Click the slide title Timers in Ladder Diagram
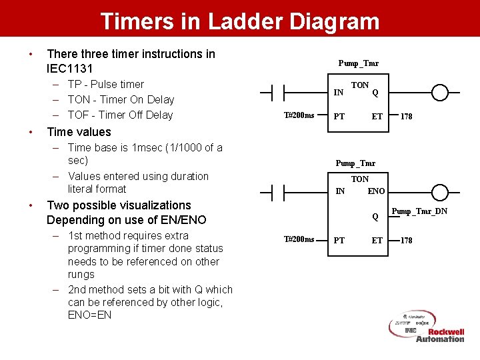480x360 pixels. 240,21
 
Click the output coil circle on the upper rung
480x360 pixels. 440,92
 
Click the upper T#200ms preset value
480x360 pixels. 299,115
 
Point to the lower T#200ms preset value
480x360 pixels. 299,239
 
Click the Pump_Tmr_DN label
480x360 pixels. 419,211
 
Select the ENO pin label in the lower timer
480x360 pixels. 376,191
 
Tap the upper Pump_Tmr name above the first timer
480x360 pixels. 358,63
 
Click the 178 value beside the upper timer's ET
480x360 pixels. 406,117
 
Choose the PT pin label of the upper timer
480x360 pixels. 339,117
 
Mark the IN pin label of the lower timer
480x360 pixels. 340,191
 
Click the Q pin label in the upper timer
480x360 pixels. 376,93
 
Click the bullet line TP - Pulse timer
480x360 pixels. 105,84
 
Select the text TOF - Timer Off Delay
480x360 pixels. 120,115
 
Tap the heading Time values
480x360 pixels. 79,131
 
